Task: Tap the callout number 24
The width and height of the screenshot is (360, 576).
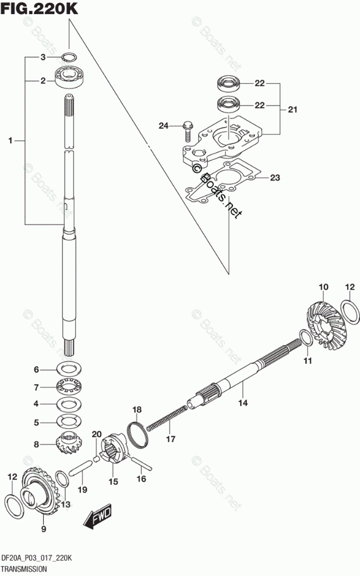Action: coord(164,125)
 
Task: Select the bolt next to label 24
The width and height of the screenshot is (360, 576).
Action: coord(188,131)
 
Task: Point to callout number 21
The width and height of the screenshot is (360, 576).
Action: coord(292,109)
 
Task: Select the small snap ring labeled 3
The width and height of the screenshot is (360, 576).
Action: coord(69,57)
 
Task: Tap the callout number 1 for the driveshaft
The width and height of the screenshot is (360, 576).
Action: coord(10,140)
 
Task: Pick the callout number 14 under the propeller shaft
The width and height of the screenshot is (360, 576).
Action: coord(242,402)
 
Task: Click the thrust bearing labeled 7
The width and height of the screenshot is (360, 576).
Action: coord(70,387)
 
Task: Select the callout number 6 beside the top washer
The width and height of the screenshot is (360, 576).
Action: coord(36,370)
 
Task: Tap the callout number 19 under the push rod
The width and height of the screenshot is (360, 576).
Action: coord(83,490)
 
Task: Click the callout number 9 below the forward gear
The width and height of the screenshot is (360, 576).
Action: coord(43,529)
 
